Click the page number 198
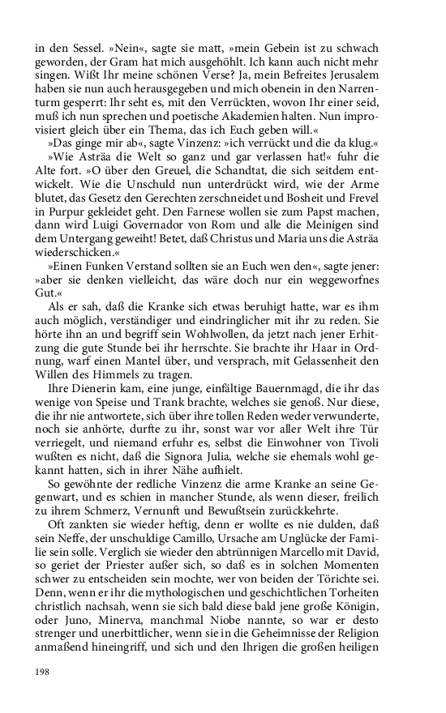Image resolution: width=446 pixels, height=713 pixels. point(44,671)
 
